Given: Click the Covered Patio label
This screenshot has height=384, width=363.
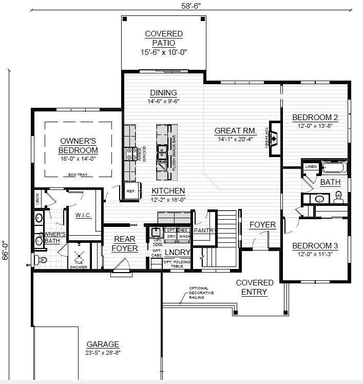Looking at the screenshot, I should (163, 38).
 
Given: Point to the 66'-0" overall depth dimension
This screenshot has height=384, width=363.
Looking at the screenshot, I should (6, 252).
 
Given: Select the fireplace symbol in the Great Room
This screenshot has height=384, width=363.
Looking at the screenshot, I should (275, 138).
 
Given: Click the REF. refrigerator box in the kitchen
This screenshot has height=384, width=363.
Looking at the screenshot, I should (130, 191).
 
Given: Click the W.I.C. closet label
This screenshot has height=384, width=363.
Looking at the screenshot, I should (83, 215).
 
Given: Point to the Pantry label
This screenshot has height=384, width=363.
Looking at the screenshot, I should (203, 231).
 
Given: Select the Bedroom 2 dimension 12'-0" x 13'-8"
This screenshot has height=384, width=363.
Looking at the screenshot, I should (315, 126).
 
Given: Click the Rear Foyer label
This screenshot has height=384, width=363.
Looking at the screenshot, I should (125, 244).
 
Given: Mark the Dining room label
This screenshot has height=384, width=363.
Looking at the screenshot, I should (163, 93).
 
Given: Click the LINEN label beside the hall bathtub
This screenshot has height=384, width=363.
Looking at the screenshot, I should (311, 167).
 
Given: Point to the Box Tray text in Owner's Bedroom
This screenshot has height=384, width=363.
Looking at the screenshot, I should (78, 175).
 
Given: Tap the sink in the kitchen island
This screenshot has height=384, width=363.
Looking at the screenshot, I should (162, 150).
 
